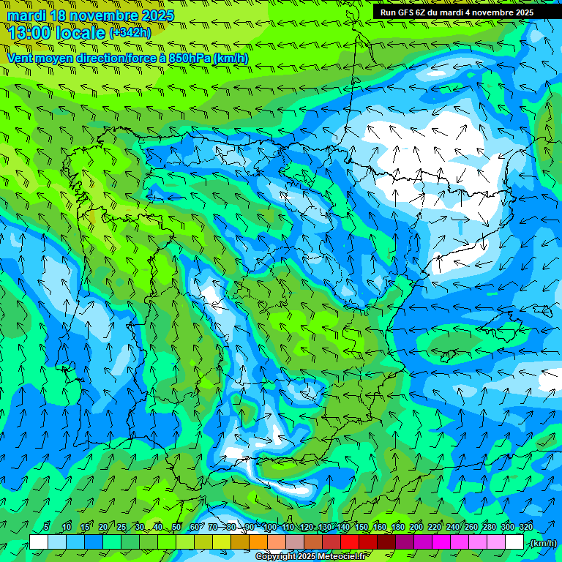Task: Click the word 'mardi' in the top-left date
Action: point(26,15)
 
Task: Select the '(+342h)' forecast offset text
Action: point(130,32)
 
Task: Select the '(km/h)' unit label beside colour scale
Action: point(542,543)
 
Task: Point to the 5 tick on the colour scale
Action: point(47,527)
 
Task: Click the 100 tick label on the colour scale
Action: point(270,527)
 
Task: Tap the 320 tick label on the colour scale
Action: point(525,527)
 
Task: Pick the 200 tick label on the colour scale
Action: point(416,527)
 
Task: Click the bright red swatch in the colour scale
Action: point(350,542)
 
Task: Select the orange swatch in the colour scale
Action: point(258,542)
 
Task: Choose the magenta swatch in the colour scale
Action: point(441,542)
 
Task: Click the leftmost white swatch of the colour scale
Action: point(39,542)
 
